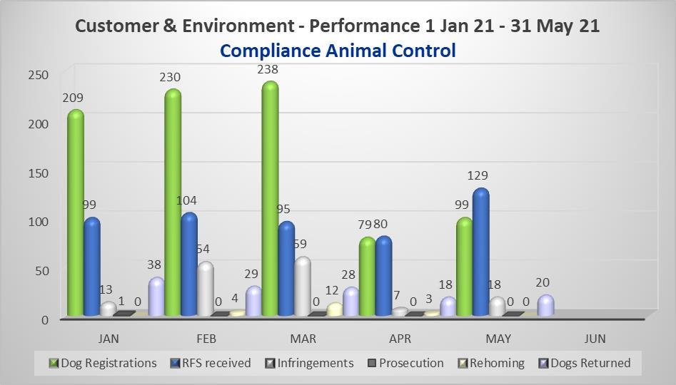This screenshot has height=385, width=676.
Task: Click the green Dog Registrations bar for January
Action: pos(76,214)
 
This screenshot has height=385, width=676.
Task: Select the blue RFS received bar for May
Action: pos(480,253)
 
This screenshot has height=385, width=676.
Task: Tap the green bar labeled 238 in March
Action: pos(270,200)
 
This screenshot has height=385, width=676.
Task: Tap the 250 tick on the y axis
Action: pos(39,75)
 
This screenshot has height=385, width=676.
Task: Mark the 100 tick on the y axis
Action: pos(39,222)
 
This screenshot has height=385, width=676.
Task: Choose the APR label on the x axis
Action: pos(400,338)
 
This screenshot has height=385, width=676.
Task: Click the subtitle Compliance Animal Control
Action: pos(338,51)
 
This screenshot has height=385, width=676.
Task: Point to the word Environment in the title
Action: pos(230,26)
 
